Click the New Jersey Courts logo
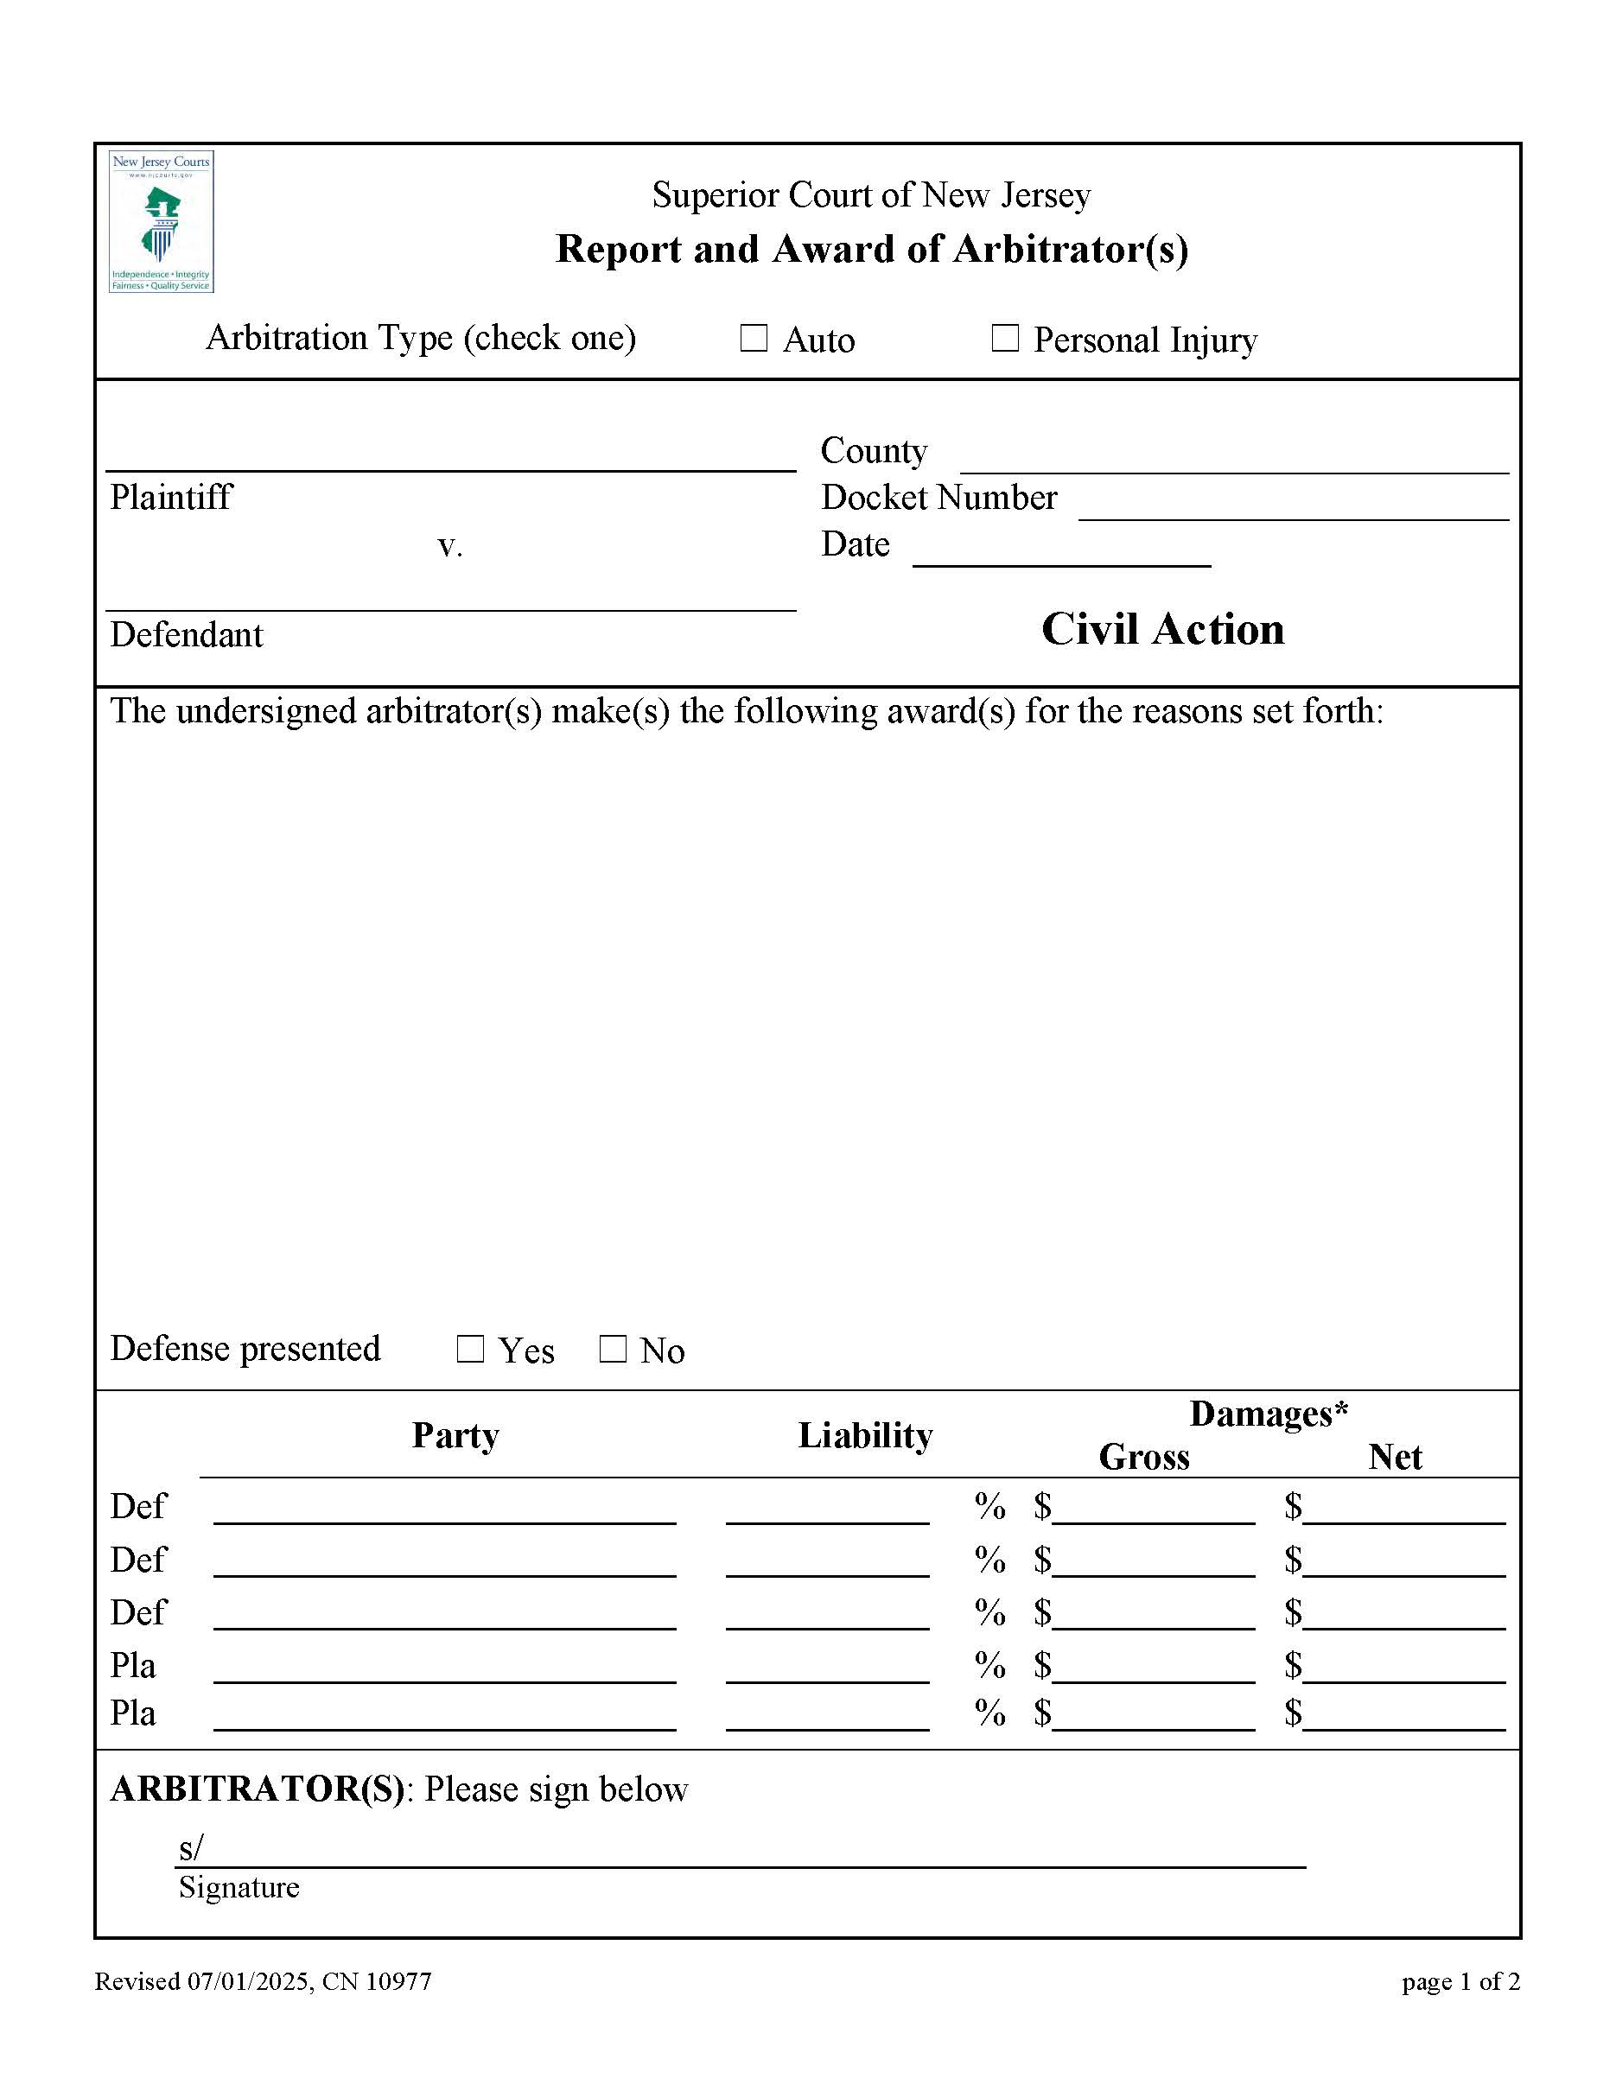[x=161, y=221]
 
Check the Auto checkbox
[x=754, y=338]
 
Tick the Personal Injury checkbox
[x=1004, y=338]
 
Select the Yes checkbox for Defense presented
[x=470, y=1349]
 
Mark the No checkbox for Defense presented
[x=613, y=1349]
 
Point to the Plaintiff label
[x=170, y=497]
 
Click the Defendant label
[x=186, y=635]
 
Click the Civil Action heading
[x=1162, y=629]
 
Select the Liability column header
[x=864, y=1435]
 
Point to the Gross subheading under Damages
[x=1143, y=1456]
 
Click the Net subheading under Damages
[x=1394, y=1456]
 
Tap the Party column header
[x=455, y=1435]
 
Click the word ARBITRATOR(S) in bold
[x=258, y=1789]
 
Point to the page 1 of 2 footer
[x=1460, y=1981]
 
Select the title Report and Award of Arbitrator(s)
[x=871, y=249]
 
